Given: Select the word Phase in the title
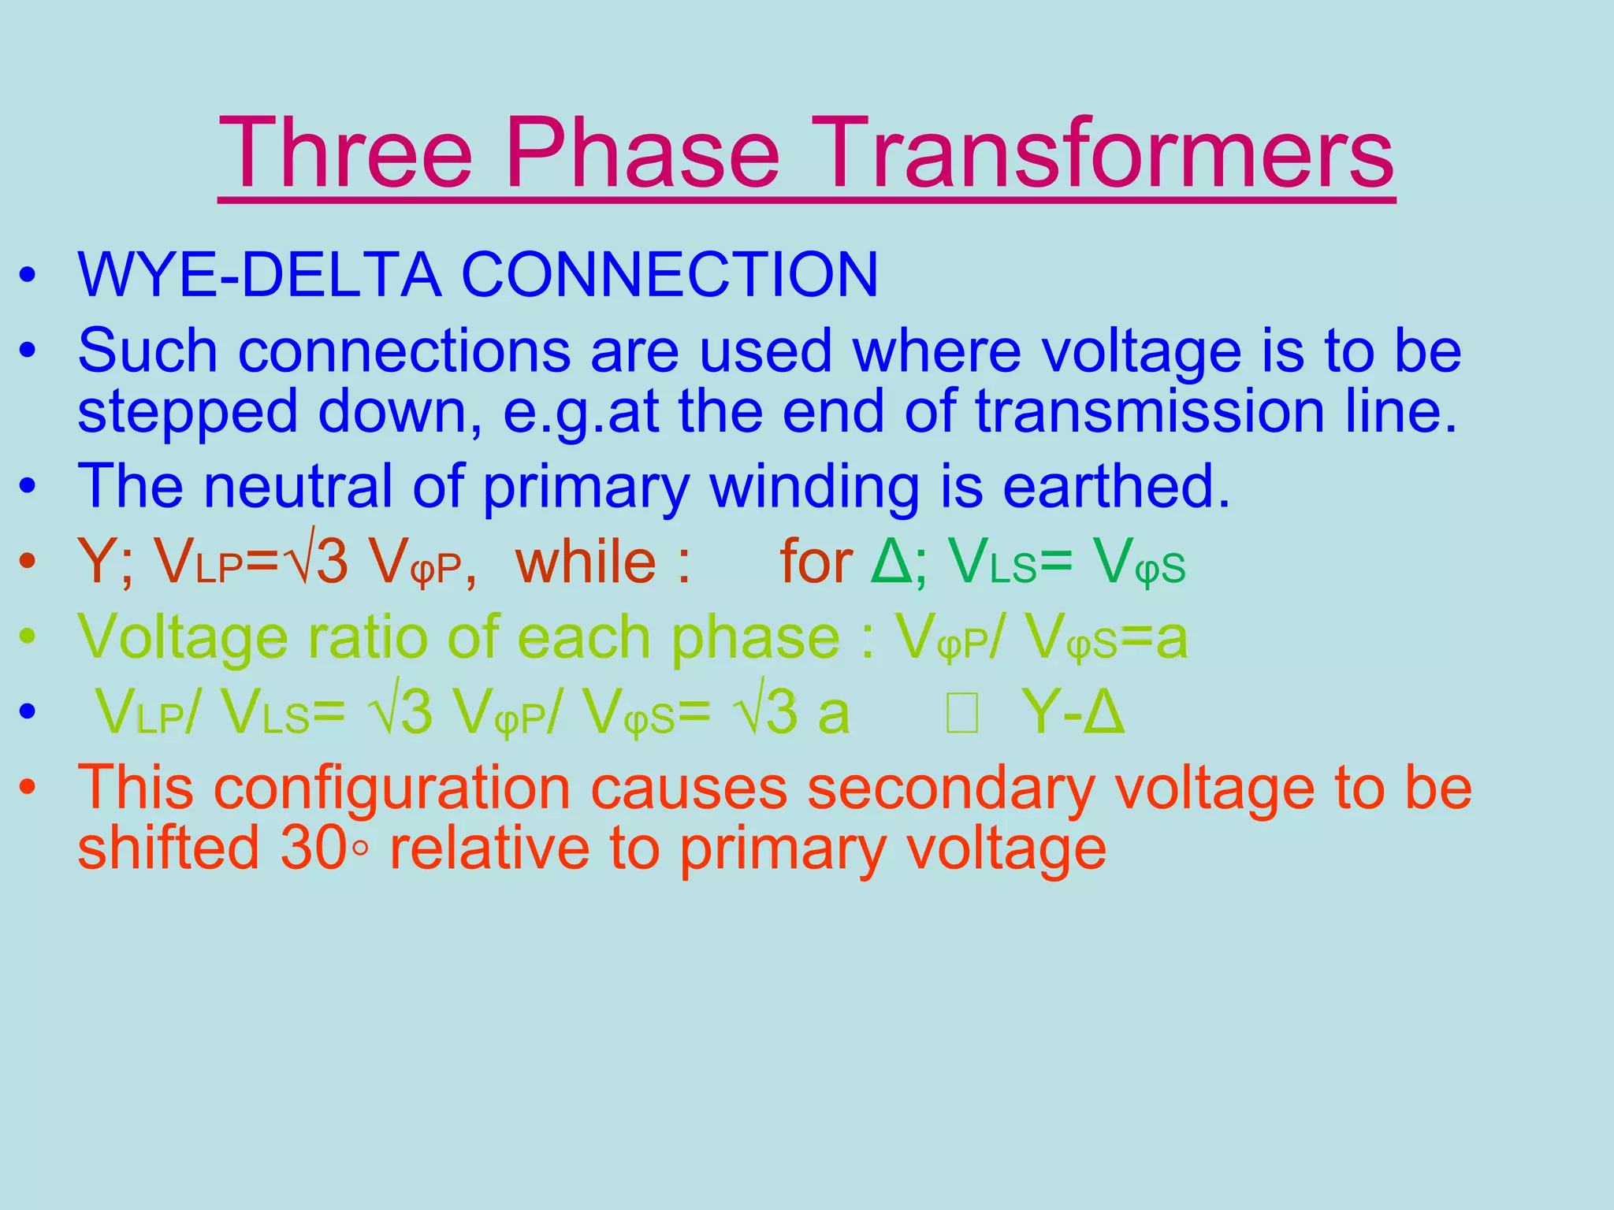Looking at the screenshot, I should point(642,154).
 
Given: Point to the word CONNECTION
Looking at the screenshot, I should point(669,275).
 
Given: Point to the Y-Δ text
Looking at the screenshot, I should point(1073,712).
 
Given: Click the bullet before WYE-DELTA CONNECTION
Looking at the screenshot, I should point(28,277).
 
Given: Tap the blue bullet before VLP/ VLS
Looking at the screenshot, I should point(28,712).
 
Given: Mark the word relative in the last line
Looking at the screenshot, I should point(489,848).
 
